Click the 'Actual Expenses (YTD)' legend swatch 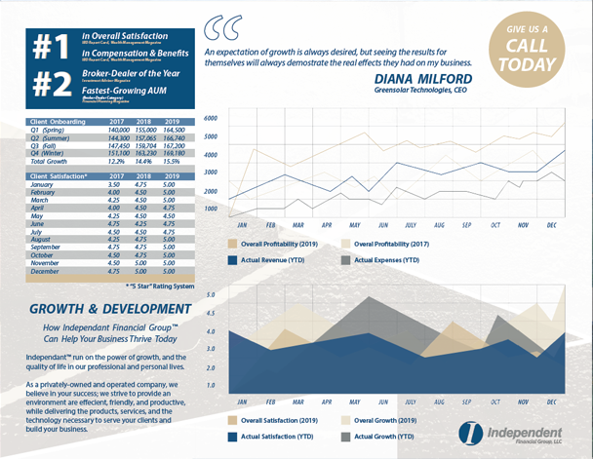(x=346, y=261)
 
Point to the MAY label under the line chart (x=356, y=225)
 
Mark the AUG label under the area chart (x=439, y=401)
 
